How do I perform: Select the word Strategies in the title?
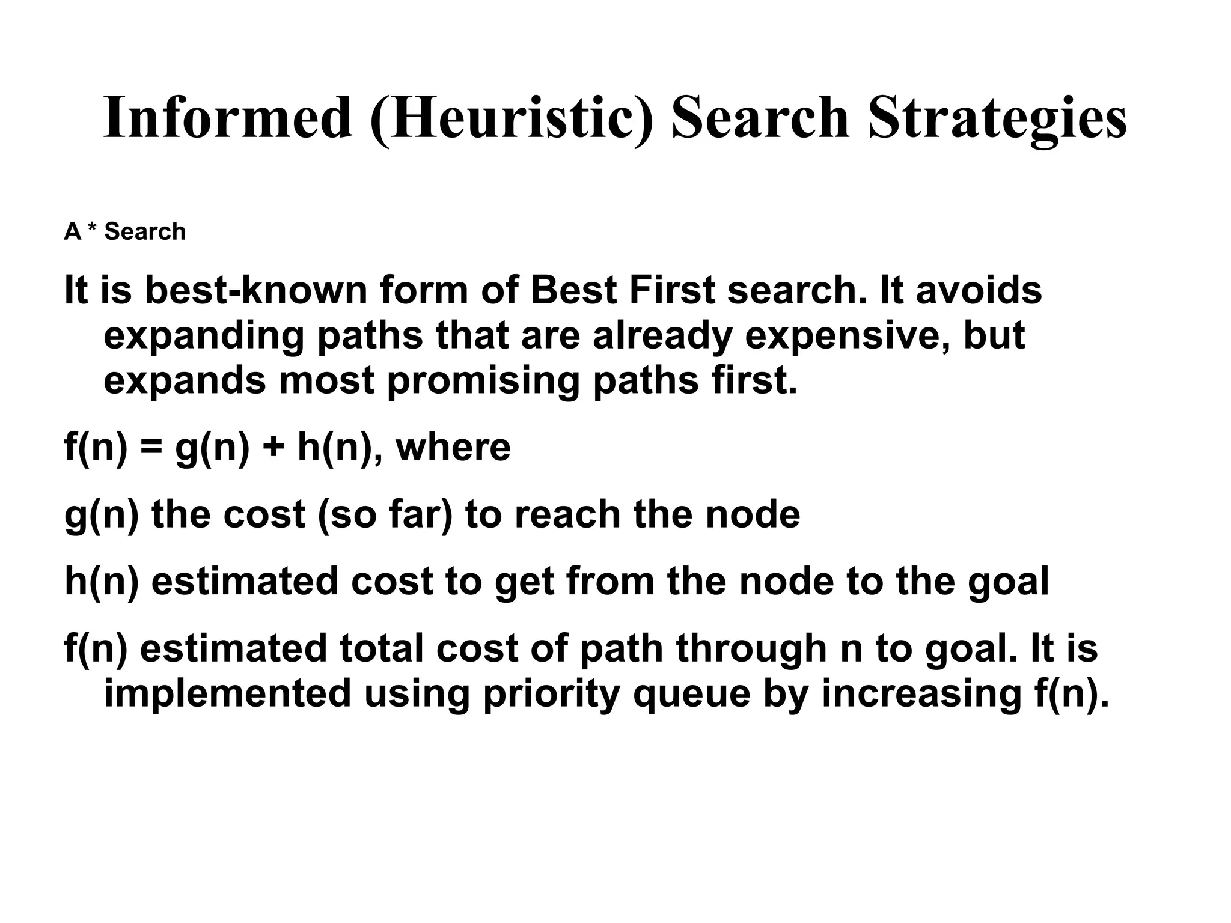[997, 118]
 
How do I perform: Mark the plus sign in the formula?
[273, 448]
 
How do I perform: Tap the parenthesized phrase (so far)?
[385, 515]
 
